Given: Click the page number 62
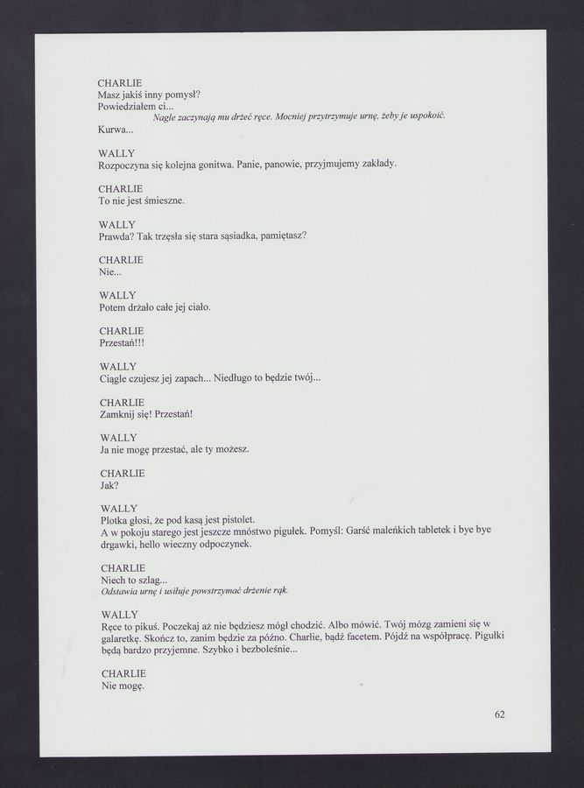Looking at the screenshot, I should coord(499,714).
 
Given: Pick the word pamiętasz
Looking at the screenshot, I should coord(281,236).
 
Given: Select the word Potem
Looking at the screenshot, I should coord(116,307).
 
